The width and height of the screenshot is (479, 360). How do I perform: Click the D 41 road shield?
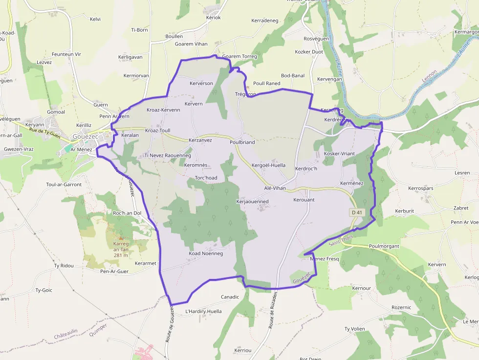point(357,212)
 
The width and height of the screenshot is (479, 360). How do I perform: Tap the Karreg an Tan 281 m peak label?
point(121,249)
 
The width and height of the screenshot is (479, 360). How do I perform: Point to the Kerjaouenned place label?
point(252,201)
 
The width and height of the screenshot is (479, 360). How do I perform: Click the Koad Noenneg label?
point(206,254)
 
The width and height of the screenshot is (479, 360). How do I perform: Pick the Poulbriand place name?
point(242,142)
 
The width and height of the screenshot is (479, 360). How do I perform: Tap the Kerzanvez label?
point(200,140)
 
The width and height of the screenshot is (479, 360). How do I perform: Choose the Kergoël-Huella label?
point(268,166)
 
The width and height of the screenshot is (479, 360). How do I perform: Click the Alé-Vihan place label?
point(275,188)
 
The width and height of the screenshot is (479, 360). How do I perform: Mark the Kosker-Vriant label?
point(339,154)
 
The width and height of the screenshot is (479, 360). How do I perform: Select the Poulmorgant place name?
point(384,246)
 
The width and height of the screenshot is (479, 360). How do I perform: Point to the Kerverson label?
point(201,84)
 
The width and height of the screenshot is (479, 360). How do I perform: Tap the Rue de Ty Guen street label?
point(44,132)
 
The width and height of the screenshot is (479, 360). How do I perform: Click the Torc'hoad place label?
point(206,178)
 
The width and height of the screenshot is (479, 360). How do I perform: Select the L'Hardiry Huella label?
point(203,311)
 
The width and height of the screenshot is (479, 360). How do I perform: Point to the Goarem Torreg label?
point(239,57)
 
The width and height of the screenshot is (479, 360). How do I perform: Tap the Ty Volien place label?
point(355,329)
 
